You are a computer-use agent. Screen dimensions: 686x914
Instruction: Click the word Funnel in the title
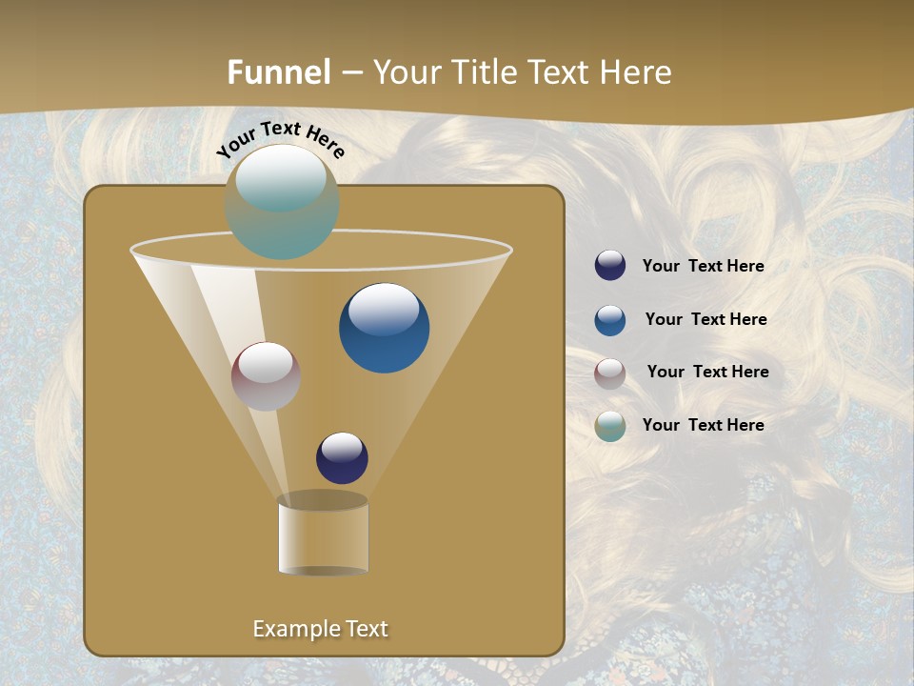[278, 72]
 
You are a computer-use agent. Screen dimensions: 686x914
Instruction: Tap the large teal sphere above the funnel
[282, 202]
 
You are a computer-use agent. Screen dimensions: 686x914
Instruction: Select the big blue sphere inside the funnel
[384, 329]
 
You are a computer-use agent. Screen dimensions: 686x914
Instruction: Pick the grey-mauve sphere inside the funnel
[266, 376]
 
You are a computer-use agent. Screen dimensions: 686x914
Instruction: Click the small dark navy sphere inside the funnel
[342, 457]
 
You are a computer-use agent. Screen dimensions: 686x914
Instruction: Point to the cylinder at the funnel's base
[323, 535]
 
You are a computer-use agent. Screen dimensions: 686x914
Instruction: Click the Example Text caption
[320, 629]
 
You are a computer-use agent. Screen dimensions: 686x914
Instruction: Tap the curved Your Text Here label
[280, 139]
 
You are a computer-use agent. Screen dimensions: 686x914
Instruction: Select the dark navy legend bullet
[610, 266]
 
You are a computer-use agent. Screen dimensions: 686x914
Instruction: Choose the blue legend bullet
[610, 320]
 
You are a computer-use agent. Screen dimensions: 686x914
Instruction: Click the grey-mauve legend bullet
[610, 373]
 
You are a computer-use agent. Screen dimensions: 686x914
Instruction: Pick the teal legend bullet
[610, 426]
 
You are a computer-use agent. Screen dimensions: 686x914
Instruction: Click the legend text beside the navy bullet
[703, 267]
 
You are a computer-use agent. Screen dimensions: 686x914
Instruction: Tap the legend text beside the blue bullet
[705, 320]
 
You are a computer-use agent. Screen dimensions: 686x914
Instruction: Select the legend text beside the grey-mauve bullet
[707, 373]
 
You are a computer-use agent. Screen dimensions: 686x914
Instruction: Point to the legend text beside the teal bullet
[703, 425]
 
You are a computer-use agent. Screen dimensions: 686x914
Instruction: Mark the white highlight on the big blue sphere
[384, 308]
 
